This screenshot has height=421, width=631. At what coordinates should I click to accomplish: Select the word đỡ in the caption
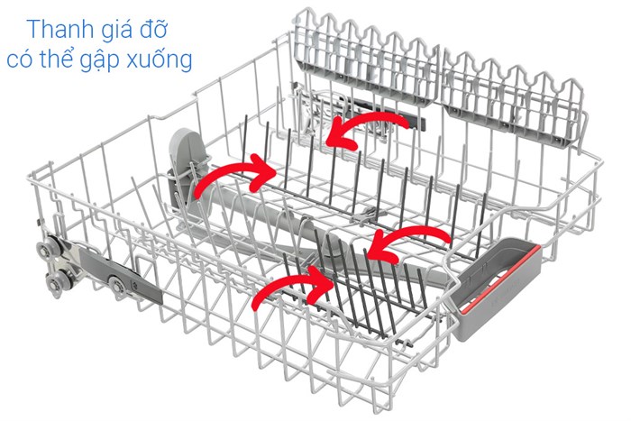pos(153,28)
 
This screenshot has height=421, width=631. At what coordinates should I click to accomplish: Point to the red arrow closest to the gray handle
pos(409,243)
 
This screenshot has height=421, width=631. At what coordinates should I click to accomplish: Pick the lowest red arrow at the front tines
pos(292,286)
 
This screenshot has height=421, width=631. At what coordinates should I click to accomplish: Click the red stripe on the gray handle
pos(500,279)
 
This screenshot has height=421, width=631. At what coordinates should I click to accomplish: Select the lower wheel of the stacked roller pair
pos(54,282)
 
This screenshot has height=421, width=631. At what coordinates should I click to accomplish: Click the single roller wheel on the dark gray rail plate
pos(117,286)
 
